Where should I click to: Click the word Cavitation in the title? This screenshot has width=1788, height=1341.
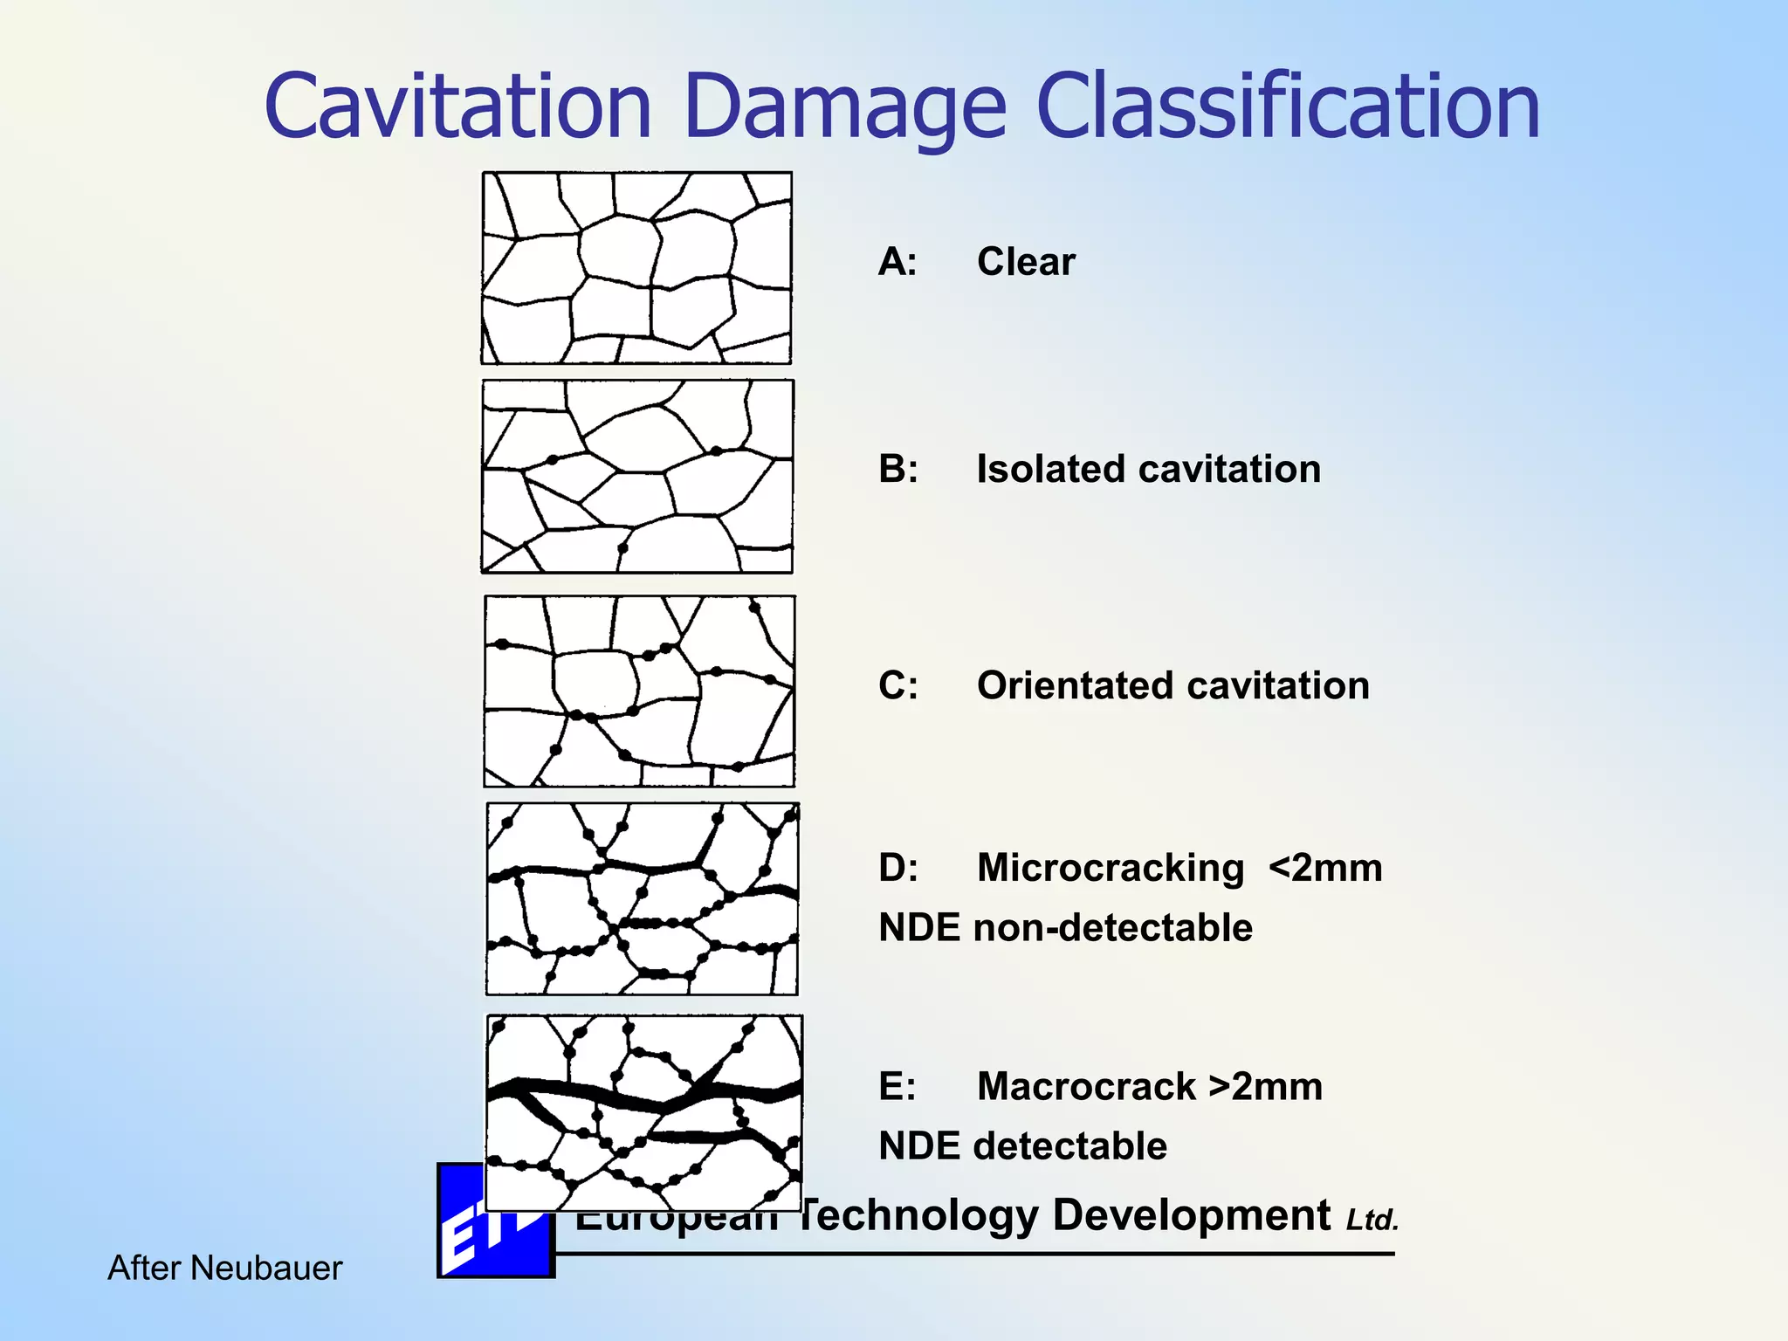tap(458, 107)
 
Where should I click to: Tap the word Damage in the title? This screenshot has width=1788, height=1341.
tap(845, 108)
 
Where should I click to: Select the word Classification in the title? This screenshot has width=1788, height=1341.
tap(1288, 107)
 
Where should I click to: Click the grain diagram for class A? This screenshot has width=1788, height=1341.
tap(636, 268)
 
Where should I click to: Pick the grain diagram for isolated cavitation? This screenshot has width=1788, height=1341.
tap(637, 477)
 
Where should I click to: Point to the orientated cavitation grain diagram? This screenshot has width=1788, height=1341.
tap(639, 691)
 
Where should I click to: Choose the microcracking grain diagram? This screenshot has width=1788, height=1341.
tap(642, 899)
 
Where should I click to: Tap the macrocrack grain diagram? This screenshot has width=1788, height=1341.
tap(643, 1112)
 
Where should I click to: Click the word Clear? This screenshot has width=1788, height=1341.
tap(1026, 262)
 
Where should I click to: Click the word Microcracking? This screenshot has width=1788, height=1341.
tap(1111, 869)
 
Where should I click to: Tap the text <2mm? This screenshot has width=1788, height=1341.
tap(1325, 869)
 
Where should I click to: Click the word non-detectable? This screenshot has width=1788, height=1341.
tap(1113, 928)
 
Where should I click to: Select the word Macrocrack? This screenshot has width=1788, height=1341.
tap(1086, 1087)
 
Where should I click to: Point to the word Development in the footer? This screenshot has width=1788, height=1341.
tap(1191, 1215)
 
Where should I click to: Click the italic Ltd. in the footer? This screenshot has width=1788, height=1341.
tap(1372, 1221)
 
